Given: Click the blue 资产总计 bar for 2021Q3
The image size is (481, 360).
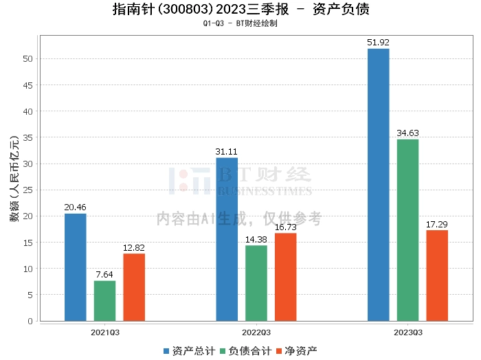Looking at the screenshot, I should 76,267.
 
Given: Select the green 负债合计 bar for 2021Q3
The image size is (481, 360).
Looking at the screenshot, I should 104,301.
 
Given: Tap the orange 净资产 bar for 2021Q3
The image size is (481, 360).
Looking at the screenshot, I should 134,287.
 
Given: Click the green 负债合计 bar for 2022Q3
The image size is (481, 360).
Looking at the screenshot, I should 256,283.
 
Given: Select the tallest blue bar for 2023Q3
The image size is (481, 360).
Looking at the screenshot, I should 379,185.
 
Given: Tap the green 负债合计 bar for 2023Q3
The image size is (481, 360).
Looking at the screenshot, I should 407,230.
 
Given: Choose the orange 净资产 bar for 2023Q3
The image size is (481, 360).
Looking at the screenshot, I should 437,275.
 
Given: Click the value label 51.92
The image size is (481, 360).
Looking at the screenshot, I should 379,43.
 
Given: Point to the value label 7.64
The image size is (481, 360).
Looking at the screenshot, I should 104,275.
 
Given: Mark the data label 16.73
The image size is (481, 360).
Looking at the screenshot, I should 286,227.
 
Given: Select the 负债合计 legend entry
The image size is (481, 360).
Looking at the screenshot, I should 245,351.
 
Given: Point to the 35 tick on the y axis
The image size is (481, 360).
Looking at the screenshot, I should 28,137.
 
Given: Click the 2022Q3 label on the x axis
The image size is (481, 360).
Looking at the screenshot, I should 256,331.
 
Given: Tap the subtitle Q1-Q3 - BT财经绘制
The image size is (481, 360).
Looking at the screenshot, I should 240,23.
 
